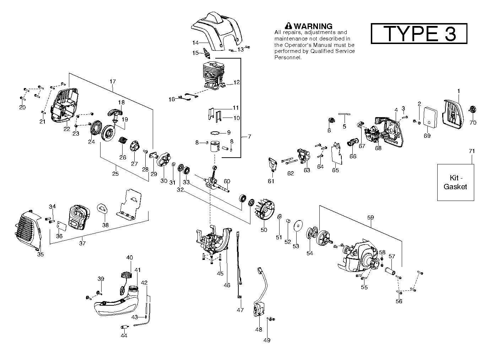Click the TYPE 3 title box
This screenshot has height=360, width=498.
click(419, 34)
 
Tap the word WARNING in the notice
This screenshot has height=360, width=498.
click(313, 26)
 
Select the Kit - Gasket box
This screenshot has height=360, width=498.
click(455, 182)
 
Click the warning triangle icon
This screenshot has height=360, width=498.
click(288, 26)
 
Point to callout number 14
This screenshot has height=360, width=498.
click(195, 43)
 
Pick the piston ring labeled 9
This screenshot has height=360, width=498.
click(215, 132)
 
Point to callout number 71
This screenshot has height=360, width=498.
click(472, 151)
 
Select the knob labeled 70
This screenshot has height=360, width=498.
click(472, 109)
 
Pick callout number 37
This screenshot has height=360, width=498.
click(82, 244)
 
